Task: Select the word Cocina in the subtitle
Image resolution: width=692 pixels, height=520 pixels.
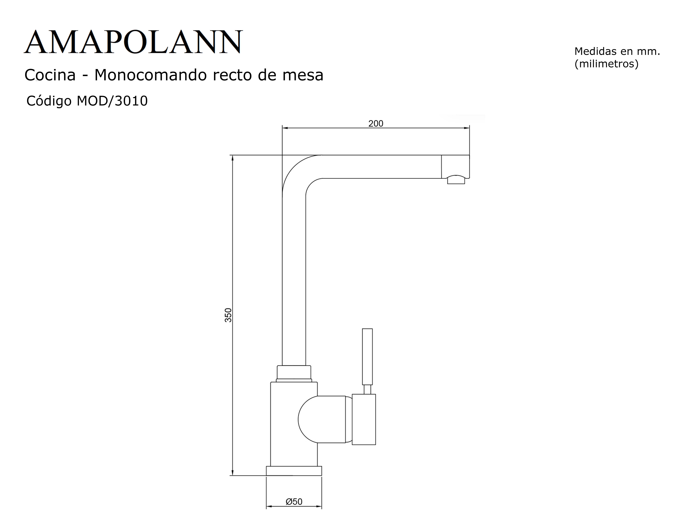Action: tap(50, 75)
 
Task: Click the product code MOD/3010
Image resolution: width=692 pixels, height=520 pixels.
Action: tap(112, 101)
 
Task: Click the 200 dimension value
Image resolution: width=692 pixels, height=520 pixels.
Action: tap(376, 123)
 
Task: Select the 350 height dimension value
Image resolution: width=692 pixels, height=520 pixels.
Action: tap(228, 315)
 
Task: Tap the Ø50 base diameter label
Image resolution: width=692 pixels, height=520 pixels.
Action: tap(294, 502)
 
